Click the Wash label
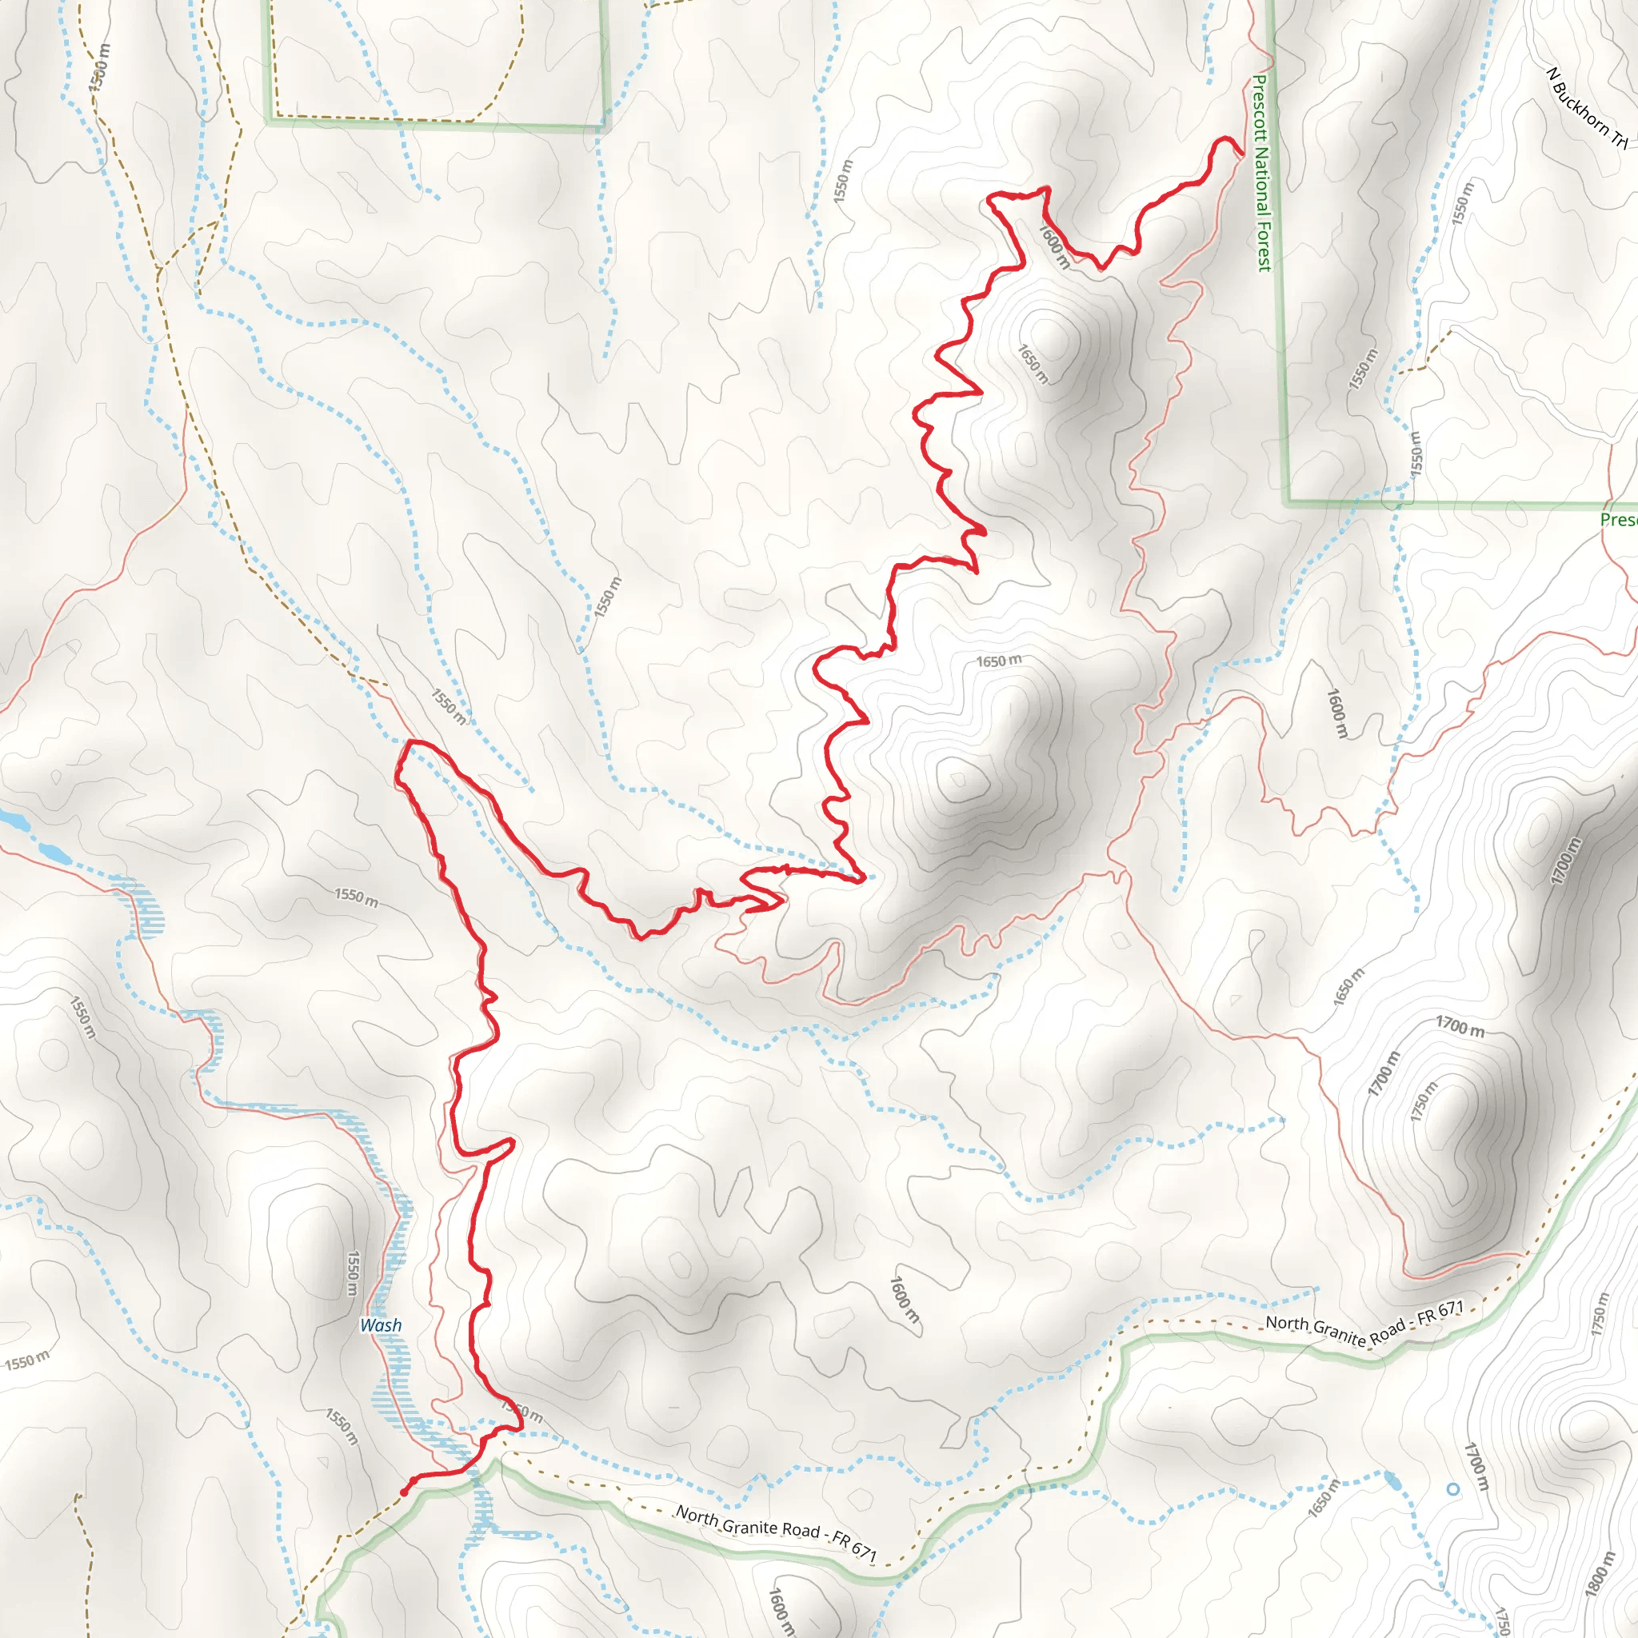(x=381, y=1325)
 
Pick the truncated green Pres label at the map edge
(x=1618, y=520)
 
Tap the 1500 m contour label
(x=100, y=67)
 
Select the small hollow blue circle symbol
(x=1453, y=1489)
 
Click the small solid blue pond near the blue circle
(x=1392, y=1481)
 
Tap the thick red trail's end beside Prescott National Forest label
(x=1241, y=154)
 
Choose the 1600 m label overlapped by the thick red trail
(x=1054, y=245)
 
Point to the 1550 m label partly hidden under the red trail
(x=522, y=1412)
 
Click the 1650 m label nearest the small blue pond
(x=1324, y=1497)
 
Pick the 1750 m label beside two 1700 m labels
(x=1424, y=1102)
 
